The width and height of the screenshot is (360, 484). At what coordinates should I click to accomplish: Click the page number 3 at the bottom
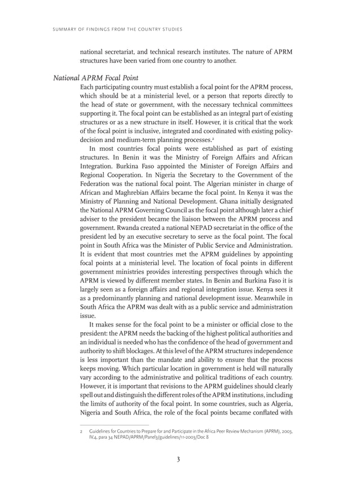pyautogui.click(x=178, y=459)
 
